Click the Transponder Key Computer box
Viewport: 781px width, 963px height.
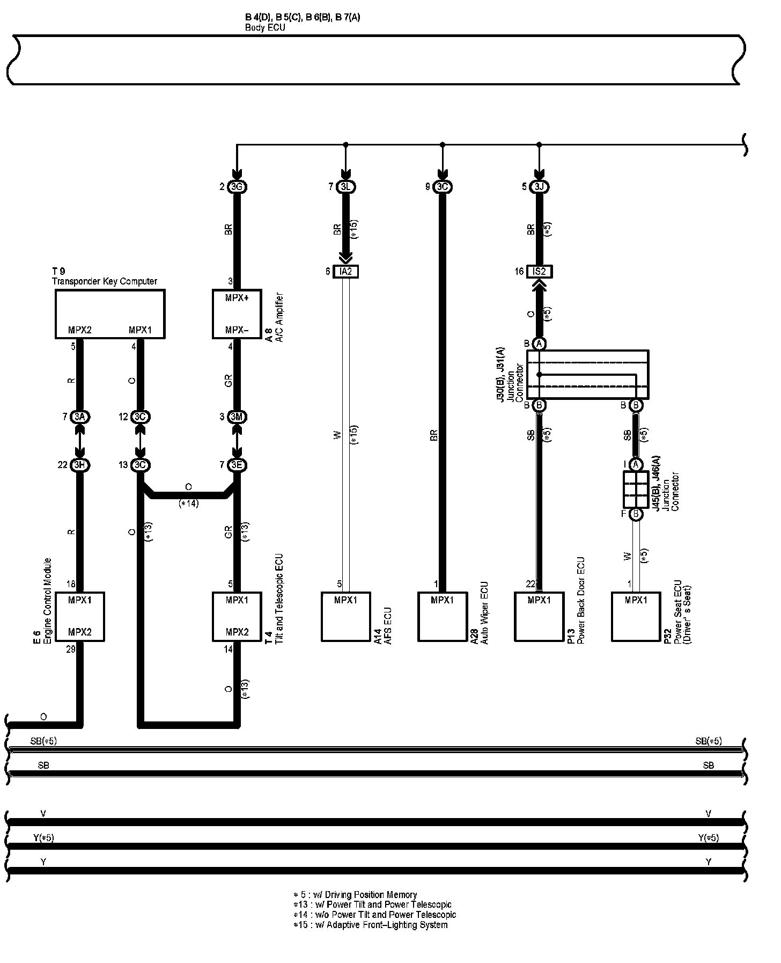click(x=110, y=314)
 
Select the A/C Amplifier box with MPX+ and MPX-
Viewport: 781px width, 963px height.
click(x=237, y=314)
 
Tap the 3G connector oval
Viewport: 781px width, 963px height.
click(x=237, y=187)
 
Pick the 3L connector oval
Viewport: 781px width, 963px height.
click(x=346, y=187)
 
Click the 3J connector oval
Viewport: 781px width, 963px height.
click(x=539, y=187)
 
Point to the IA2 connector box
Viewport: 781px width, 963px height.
click(x=346, y=272)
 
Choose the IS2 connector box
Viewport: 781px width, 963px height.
click(x=539, y=272)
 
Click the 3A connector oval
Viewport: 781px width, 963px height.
click(x=80, y=417)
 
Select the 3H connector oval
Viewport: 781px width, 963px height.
click(x=80, y=465)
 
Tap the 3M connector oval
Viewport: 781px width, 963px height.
click(x=237, y=417)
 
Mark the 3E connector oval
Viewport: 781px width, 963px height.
click(x=237, y=465)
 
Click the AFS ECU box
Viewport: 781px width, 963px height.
click(x=346, y=616)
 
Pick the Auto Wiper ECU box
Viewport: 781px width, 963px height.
click(x=443, y=616)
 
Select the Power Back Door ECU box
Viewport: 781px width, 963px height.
click(x=539, y=616)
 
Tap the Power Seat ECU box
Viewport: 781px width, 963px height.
click(x=636, y=616)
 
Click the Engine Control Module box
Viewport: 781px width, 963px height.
click(x=80, y=616)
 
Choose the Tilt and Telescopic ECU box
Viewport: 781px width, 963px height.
click(x=237, y=616)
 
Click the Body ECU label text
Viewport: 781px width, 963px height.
click(x=265, y=27)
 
